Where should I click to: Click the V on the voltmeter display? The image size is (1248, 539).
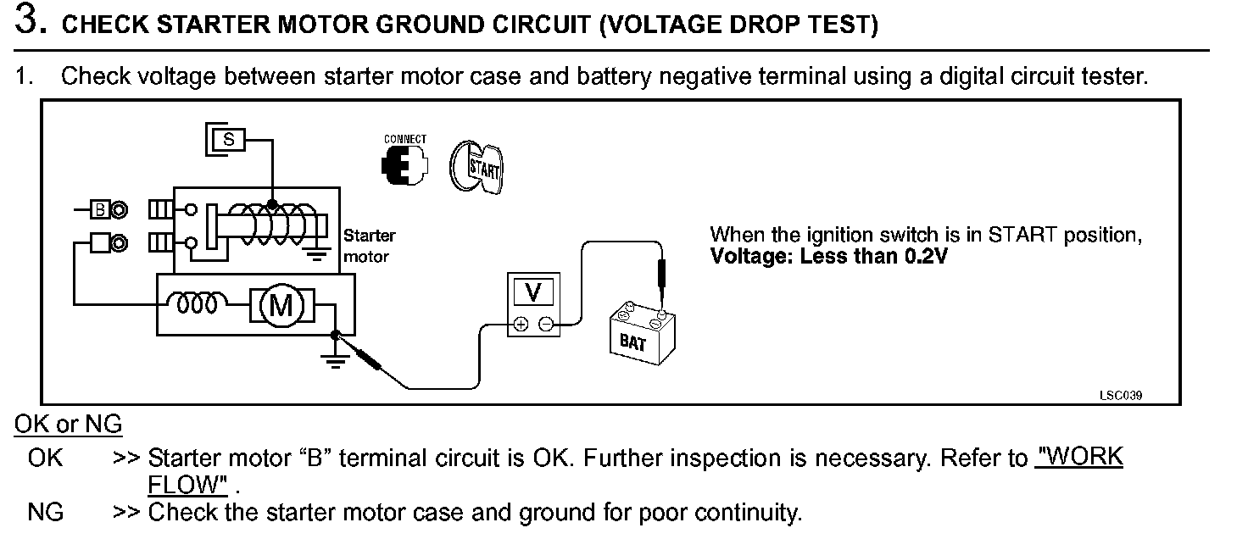(533, 292)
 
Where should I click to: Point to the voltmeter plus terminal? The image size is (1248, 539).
(521, 323)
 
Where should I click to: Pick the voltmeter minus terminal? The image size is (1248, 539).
(546, 323)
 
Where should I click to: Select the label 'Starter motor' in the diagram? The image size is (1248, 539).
(369, 245)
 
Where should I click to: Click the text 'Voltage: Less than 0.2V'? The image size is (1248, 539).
(827, 256)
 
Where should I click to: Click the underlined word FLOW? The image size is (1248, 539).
(187, 486)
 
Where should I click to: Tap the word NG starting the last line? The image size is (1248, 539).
(45, 513)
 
